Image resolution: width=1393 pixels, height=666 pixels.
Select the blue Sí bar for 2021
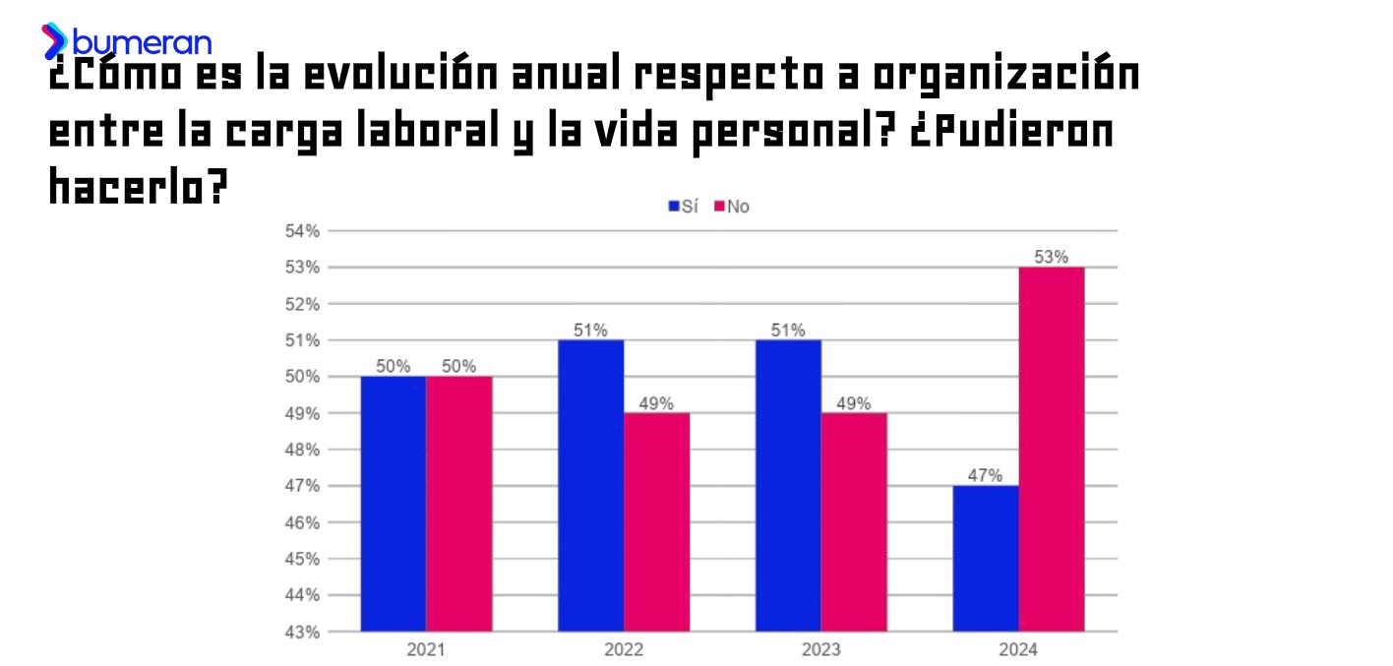tap(394, 504)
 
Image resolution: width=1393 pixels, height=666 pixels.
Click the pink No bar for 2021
tap(459, 504)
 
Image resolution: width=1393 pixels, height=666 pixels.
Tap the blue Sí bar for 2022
tap(590, 486)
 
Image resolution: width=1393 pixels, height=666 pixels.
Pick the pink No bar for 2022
tap(656, 522)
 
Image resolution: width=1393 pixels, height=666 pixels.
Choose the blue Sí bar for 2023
tap(788, 486)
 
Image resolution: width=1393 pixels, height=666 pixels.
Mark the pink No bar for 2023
tap(854, 522)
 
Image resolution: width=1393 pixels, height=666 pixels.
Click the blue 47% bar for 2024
tap(986, 559)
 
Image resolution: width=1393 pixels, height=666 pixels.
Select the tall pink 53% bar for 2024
tap(1052, 450)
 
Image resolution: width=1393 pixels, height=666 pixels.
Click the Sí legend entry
tap(684, 207)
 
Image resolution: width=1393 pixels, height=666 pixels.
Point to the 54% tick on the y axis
tap(303, 231)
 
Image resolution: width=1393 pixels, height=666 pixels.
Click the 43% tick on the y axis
tap(303, 632)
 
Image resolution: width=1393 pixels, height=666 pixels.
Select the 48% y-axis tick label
tap(303, 450)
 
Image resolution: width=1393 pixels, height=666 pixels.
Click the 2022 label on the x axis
tap(624, 650)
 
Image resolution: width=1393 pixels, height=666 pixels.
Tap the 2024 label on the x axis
tap(1018, 650)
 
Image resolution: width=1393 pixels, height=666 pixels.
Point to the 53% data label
tap(1052, 257)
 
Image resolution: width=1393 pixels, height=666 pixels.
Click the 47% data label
tap(986, 475)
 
